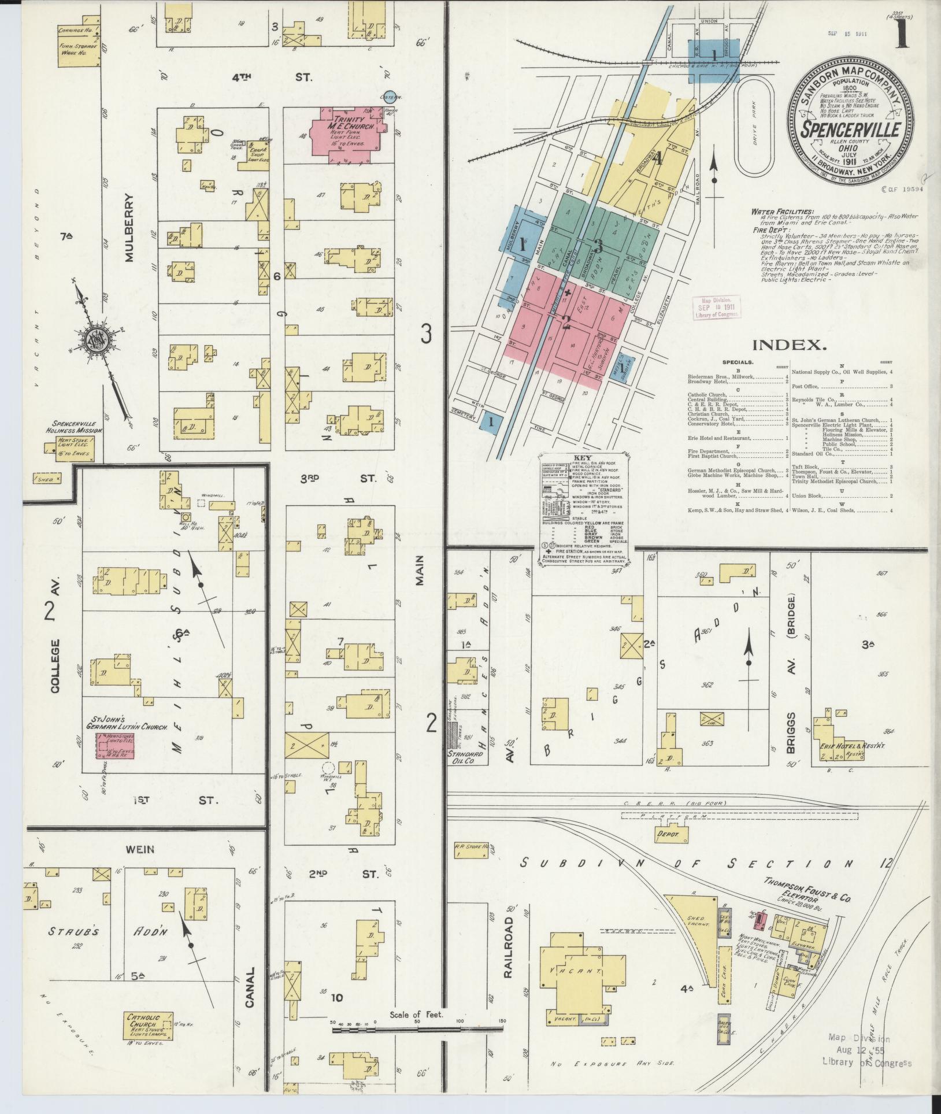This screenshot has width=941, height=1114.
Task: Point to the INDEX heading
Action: coord(790,345)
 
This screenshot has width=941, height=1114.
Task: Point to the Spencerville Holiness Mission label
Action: coord(75,427)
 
